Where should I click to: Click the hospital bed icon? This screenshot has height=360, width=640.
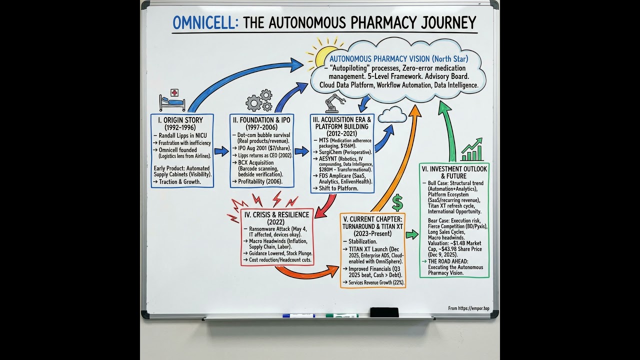[172, 100]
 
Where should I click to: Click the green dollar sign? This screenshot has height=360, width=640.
[397, 202]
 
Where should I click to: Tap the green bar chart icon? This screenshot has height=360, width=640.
[471, 150]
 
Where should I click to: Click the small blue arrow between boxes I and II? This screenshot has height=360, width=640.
[221, 151]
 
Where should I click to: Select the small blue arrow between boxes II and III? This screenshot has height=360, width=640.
[301, 151]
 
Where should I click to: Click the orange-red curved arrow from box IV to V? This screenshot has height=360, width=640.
[307, 272]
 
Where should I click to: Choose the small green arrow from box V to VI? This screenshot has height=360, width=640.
[412, 234]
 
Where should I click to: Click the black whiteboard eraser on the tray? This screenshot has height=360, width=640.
[384, 312]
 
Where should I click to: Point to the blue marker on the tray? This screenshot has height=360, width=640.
[298, 315]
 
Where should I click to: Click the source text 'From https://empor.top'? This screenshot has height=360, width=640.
[468, 308]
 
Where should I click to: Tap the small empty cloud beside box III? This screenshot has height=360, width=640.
[392, 115]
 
